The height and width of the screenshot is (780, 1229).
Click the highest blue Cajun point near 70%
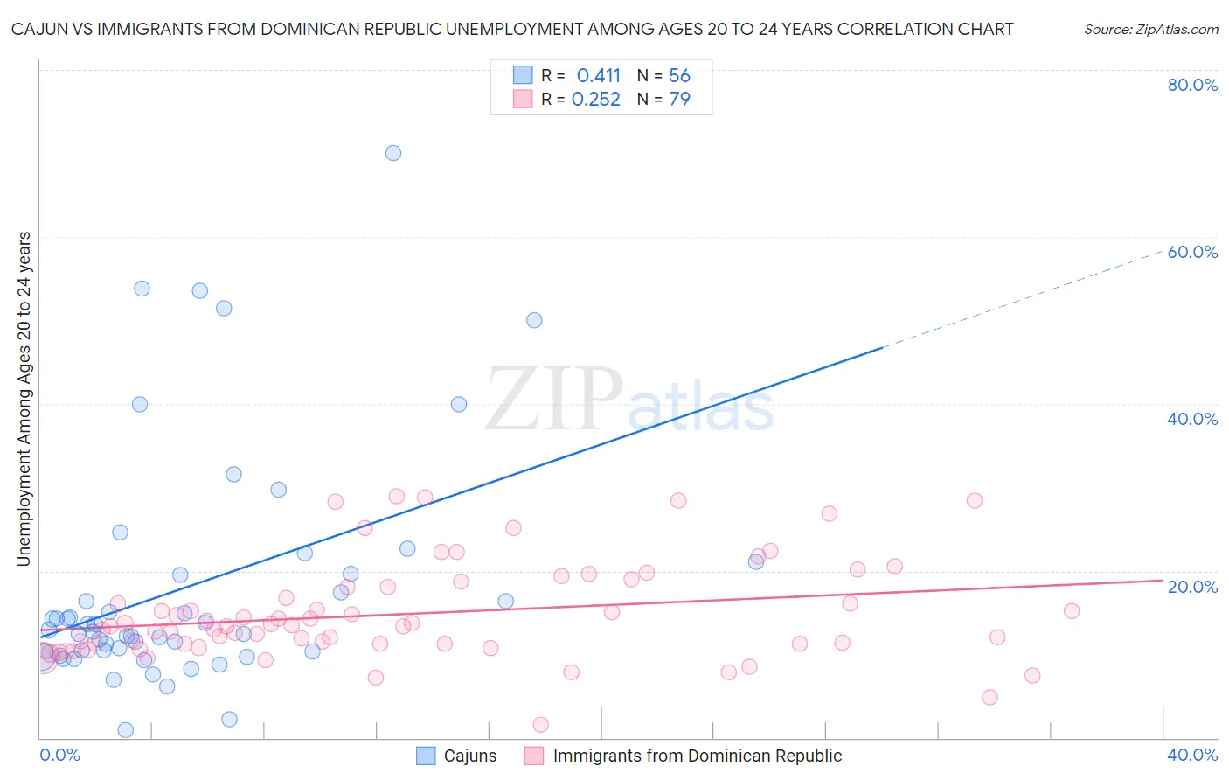393,153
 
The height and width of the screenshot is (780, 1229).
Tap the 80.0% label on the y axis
1192,85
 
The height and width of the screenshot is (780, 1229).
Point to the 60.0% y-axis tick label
1192,252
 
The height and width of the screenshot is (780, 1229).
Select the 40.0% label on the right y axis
1192,419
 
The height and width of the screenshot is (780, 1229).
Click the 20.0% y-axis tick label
1192,586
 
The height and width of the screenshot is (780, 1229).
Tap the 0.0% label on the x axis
59,755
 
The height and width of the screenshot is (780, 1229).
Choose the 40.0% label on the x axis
1192,755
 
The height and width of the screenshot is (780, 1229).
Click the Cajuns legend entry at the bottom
469,756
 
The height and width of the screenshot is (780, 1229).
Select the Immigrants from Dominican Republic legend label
697,756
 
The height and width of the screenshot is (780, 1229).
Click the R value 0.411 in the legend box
598,76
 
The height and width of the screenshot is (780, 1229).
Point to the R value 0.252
595,100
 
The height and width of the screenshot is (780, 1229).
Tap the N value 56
679,76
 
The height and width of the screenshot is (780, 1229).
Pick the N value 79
679,100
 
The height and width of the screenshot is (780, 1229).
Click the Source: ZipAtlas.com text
1150,30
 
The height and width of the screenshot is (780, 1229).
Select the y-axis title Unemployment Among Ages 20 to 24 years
24,399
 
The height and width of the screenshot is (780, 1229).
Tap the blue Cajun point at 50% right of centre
534,320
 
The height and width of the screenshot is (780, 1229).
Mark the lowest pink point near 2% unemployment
541,725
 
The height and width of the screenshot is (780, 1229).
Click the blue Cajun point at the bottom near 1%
126,730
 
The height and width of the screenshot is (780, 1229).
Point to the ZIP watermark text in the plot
553,400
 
